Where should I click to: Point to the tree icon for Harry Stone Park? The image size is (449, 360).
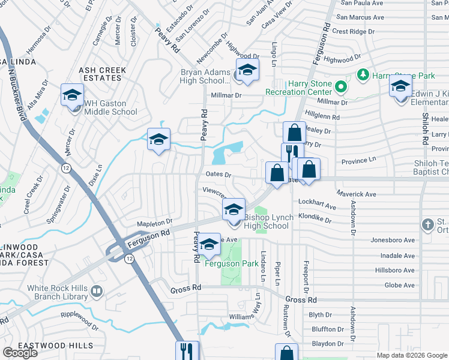[362, 75]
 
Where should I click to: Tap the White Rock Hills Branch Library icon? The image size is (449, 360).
[97, 292]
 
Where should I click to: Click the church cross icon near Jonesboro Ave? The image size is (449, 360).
[427, 225]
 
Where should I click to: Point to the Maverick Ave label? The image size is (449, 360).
[356, 194]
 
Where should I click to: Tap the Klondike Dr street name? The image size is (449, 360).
[315, 220]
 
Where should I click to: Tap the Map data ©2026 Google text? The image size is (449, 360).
[411, 355]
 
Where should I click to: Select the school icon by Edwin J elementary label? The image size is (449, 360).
[400, 87]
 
